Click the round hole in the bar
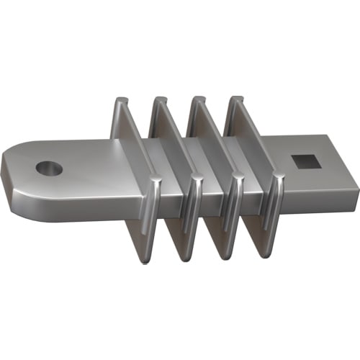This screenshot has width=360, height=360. (49, 168)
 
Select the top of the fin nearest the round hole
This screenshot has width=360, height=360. (121, 102)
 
